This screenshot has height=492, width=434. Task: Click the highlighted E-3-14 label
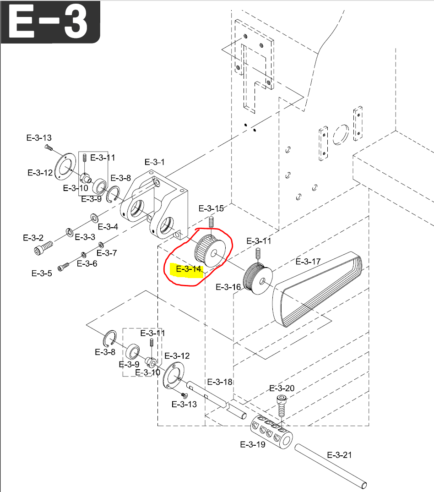189,269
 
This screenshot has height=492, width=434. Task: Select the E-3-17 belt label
308,262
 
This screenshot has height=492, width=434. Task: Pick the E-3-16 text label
228,287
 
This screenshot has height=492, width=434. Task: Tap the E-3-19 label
253,444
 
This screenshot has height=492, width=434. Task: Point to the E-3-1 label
154,162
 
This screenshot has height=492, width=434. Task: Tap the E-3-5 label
42,273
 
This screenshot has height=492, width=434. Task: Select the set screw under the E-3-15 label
211,222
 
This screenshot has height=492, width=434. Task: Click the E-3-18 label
220,382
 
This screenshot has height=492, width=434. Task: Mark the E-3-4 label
108,227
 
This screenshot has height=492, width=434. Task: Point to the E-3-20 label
282,388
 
